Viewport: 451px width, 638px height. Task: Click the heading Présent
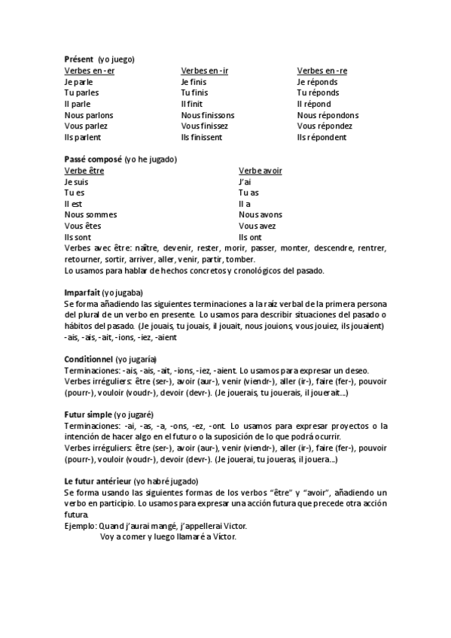(x=79, y=59)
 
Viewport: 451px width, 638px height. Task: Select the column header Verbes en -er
(x=90, y=70)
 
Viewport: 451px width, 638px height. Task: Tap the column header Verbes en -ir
(x=204, y=70)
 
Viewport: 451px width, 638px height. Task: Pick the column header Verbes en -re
(x=322, y=70)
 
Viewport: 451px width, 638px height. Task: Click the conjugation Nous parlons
(x=89, y=115)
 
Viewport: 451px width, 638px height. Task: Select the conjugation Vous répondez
(x=325, y=126)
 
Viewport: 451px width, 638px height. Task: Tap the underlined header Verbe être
(x=84, y=171)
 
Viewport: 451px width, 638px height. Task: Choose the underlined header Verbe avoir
(x=261, y=171)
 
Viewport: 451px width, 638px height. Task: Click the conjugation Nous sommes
(x=90, y=215)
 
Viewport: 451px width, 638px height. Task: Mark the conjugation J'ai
(x=245, y=182)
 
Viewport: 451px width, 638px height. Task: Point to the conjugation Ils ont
(x=251, y=238)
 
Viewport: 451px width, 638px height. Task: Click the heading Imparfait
(x=83, y=293)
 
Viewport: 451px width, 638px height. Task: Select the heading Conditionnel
(x=88, y=359)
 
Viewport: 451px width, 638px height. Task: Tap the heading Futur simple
(x=88, y=415)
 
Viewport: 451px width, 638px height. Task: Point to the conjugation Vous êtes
(x=83, y=226)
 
